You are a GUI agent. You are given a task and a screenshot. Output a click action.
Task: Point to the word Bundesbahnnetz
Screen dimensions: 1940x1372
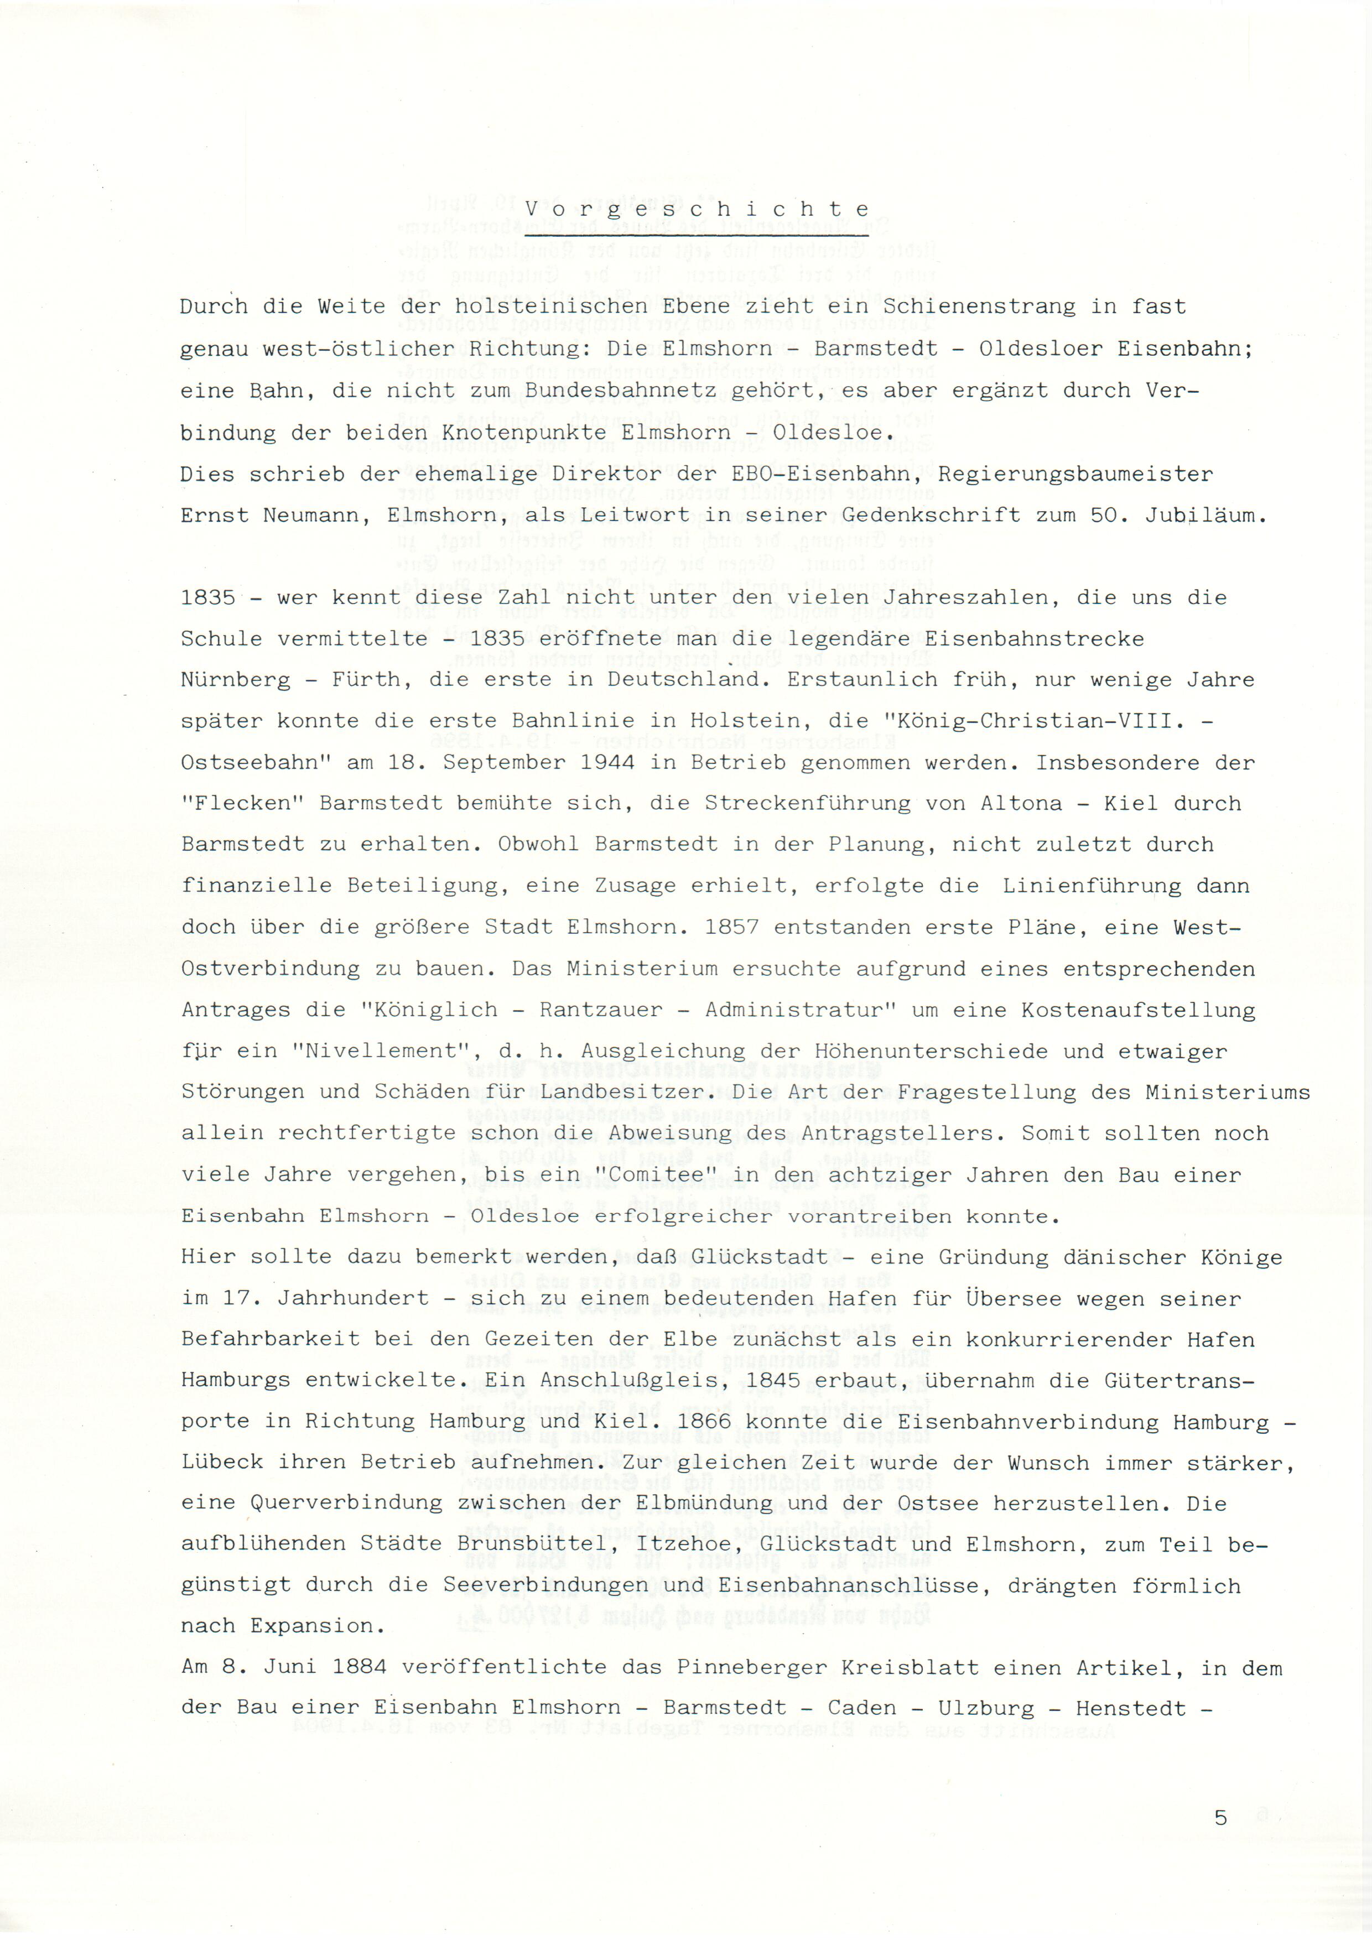click(x=620, y=391)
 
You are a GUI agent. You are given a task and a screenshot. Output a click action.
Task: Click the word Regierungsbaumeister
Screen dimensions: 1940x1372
click(x=1074, y=474)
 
